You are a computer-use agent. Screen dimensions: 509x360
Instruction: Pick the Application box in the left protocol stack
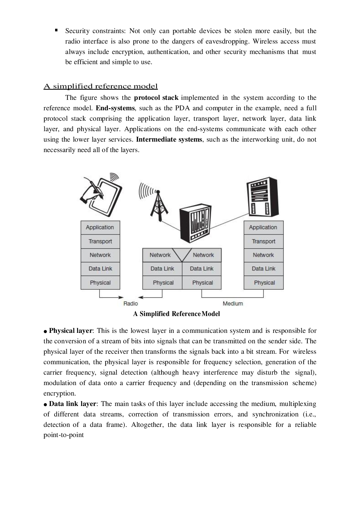click(100, 228)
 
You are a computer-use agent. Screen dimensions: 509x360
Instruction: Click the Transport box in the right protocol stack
click(263, 241)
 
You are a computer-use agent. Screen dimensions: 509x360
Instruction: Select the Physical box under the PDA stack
click(100, 283)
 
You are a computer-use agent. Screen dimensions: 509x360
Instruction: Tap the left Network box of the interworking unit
click(160, 255)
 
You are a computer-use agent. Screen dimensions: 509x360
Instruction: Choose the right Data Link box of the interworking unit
click(202, 269)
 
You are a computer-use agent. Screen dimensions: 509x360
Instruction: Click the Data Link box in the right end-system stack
click(263, 269)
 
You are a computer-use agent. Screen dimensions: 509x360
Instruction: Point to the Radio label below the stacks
click(131, 304)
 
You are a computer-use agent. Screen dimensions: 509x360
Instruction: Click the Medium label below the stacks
click(233, 304)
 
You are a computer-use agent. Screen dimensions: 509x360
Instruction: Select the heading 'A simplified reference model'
click(101, 86)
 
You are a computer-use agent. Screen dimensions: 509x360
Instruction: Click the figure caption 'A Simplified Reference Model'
click(176, 314)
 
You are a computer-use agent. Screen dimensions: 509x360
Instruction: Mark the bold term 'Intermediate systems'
click(169, 140)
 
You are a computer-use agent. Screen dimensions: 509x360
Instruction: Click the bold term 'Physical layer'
click(70, 331)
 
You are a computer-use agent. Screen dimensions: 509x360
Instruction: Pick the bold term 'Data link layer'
click(72, 404)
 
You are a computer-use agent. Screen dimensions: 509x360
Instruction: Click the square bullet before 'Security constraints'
click(56, 30)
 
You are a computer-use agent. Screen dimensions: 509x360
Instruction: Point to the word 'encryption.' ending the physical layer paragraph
click(59, 394)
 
